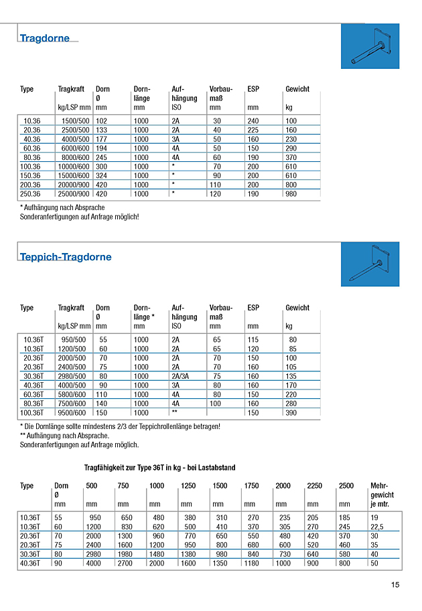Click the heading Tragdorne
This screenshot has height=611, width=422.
tap(45, 38)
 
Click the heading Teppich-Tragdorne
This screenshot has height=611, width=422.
tap(66, 257)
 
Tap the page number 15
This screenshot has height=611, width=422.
tap(395, 586)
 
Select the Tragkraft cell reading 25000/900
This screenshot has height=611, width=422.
tap(74, 194)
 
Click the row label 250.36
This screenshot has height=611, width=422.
tap(30, 194)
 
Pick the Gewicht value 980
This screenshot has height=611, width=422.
tap(291, 194)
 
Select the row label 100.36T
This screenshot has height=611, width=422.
tap(32, 414)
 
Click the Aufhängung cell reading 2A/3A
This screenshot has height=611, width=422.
tap(181, 376)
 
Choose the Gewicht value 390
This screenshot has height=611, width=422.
tap(291, 414)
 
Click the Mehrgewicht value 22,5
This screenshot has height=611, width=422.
tap(379, 527)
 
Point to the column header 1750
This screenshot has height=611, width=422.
tap(251, 485)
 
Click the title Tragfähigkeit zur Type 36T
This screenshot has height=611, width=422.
tap(159, 467)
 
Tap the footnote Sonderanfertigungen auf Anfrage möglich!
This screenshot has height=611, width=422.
tap(79, 217)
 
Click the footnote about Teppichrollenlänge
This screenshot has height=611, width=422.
tap(120, 426)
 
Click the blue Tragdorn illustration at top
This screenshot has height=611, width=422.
tap(370, 46)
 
